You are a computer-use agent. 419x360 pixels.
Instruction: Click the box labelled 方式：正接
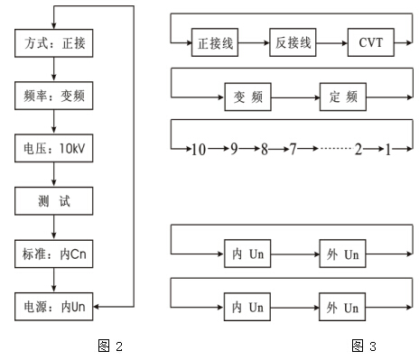(x=55, y=42)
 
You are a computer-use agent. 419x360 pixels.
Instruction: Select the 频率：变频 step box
(x=55, y=94)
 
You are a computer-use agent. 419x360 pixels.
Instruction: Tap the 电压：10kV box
(x=55, y=146)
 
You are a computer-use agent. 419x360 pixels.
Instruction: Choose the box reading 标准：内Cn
(x=55, y=254)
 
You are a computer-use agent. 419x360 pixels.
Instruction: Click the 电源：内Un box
(x=55, y=308)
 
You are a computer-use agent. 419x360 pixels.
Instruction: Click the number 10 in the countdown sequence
(x=199, y=149)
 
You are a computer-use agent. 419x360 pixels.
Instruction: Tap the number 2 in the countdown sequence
(x=358, y=149)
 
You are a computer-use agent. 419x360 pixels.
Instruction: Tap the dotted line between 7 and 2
(x=324, y=149)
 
